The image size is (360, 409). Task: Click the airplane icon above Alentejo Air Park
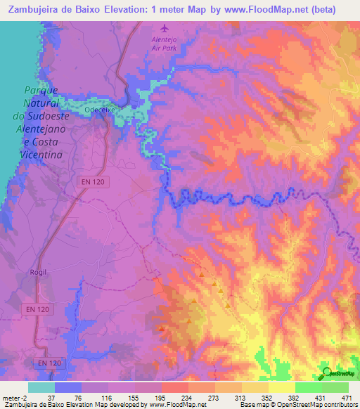point(165,29)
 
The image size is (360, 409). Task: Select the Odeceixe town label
point(97,110)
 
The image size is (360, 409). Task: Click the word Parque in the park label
point(40,91)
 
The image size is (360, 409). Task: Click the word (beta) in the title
point(321,9)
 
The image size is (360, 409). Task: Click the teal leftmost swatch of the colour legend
point(41,387)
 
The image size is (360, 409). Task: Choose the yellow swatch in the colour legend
point(281,387)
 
